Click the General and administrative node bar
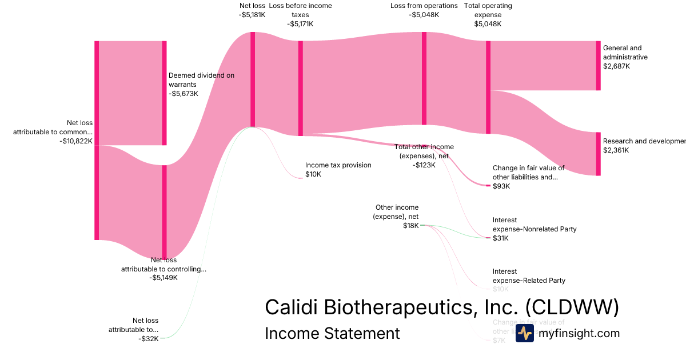pyautogui.click(x=599, y=66)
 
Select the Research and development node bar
pyautogui.click(x=599, y=154)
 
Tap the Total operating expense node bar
pyautogui.click(x=488, y=87)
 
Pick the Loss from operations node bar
pyautogui.click(x=424, y=78)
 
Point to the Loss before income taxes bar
pyautogui.click(x=301, y=88)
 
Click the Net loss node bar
pyautogui.click(x=253, y=79)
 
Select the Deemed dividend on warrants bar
pyautogui.click(x=164, y=93)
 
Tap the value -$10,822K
pyautogui.click(x=75, y=141)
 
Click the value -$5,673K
pyautogui.click(x=184, y=94)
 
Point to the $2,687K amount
pyautogui.click(x=616, y=66)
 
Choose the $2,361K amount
pyautogui.click(x=616, y=150)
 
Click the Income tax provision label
pyautogui.click(x=338, y=165)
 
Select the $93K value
pyautogui.click(x=501, y=186)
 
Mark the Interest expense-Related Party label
pyautogui.click(x=529, y=276)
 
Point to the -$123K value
pyautogui.click(x=424, y=165)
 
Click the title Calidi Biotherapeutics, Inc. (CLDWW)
pyautogui.click(x=441, y=307)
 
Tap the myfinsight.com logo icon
pyautogui.click(x=524, y=333)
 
